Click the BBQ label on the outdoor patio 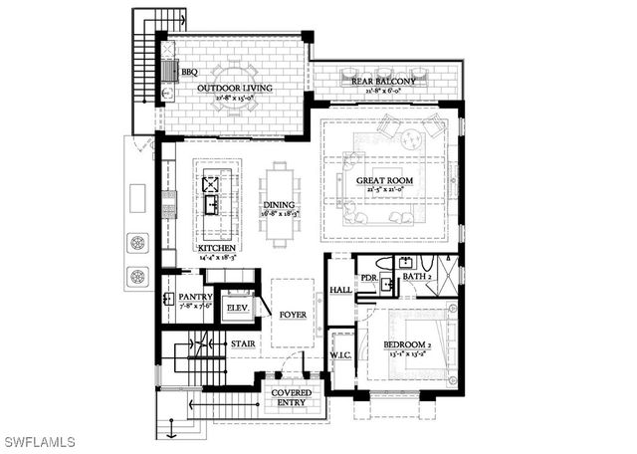coord(189,73)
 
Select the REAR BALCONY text coord(383,81)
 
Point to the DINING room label coord(279,204)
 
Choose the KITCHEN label coord(216,248)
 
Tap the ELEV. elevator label coord(237,308)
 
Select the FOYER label coord(293,315)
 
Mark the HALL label coord(339,291)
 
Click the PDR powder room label coord(368,278)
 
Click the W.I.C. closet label coord(341,354)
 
